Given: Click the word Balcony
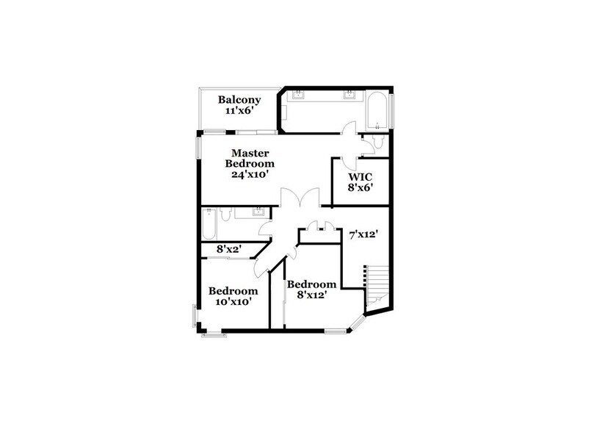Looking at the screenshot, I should [x=236, y=99].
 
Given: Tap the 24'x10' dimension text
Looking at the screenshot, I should [x=249, y=176].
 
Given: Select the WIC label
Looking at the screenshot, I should [x=361, y=176].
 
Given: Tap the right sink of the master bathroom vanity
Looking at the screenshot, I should [x=350, y=95].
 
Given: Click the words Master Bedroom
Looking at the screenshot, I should [x=249, y=157].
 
